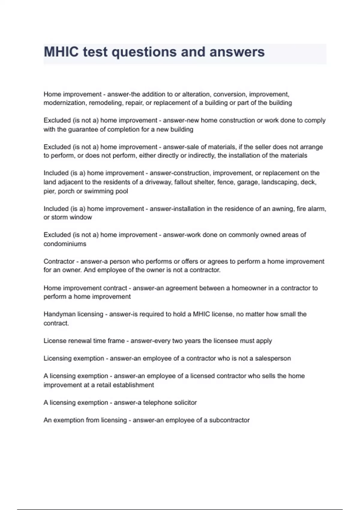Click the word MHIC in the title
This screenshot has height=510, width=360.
61,52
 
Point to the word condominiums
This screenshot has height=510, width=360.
65,244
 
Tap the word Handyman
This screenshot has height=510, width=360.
58,314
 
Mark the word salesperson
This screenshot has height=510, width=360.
273,358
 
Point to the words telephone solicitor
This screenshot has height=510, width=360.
170,403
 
